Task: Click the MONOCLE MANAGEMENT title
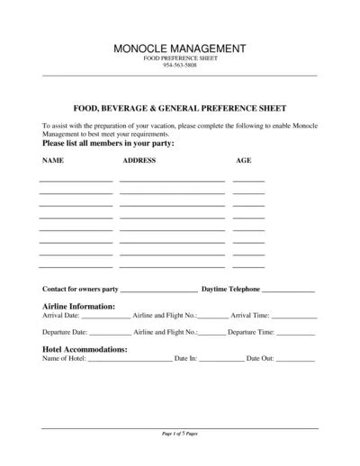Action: click(x=180, y=47)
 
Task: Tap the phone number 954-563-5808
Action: click(x=180, y=66)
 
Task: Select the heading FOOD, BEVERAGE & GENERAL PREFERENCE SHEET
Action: click(x=180, y=105)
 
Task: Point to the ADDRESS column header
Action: click(x=139, y=160)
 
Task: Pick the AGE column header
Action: click(x=243, y=160)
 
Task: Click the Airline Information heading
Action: click(x=78, y=307)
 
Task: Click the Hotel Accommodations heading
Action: click(x=85, y=348)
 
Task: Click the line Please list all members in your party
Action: click(x=108, y=144)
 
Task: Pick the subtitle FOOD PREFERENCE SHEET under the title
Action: click(x=180, y=58)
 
